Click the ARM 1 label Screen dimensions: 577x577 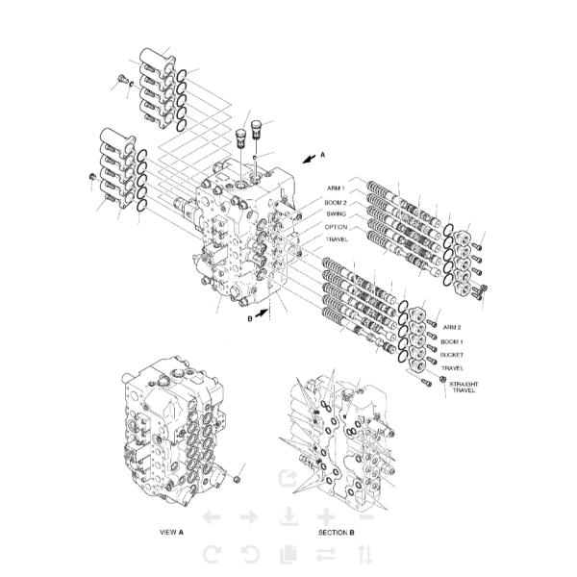click(x=336, y=188)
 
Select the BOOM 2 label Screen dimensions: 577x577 click(x=336, y=202)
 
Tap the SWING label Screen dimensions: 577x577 click(x=336, y=213)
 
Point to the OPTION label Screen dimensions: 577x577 click(x=336, y=227)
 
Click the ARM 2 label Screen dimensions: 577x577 click(x=452, y=327)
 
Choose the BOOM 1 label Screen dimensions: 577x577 click(x=452, y=341)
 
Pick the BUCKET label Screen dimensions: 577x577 click(x=452, y=355)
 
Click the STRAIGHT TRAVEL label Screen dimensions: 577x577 click(x=464, y=388)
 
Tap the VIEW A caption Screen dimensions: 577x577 click(x=171, y=532)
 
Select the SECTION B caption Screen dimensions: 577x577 click(x=336, y=532)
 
